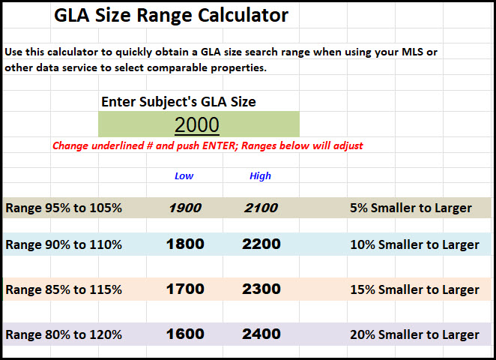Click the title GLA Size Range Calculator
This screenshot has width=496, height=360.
click(171, 15)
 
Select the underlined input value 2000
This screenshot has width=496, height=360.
click(197, 124)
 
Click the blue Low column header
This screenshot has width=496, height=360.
click(184, 175)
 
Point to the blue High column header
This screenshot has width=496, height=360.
click(260, 175)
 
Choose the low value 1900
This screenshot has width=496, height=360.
click(184, 208)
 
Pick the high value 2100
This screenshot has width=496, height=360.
click(261, 208)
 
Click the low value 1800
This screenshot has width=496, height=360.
click(184, 244)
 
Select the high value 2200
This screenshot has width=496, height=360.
click(261, 244)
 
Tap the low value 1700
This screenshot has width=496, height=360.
click(184, 289)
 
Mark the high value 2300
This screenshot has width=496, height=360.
click(261, 289)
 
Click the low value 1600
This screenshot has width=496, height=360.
click(184, 334)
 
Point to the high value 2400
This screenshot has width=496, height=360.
click(261, 334)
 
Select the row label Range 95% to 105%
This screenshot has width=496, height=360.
click(64, 208)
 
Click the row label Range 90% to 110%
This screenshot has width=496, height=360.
click(64, 244)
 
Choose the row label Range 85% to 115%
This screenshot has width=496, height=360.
click(64, 289)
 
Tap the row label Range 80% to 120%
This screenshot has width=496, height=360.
click(64, 334)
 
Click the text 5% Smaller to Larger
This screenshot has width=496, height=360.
click(411, 208)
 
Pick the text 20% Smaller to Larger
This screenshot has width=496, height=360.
click(414, 334)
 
